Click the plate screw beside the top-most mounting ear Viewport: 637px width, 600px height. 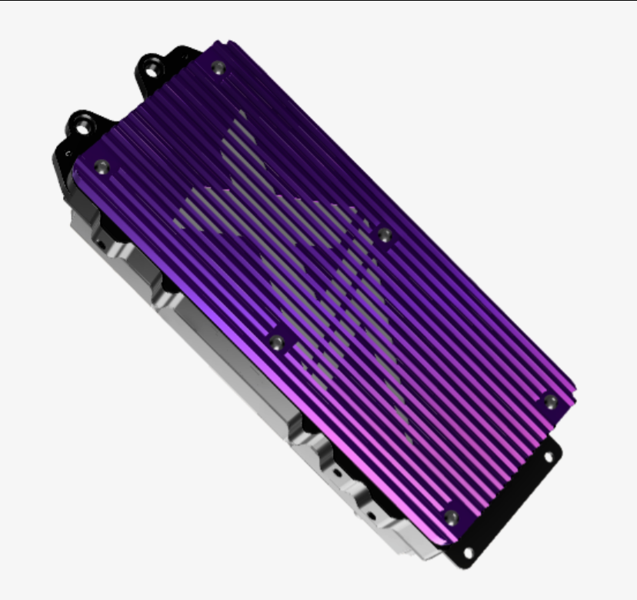pyautogui.click(x=218, y=68)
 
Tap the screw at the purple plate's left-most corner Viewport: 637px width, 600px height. pyautogui.click(x=101, y=166)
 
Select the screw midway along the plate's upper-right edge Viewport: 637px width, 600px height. pyautogui.click(x=384, y=234)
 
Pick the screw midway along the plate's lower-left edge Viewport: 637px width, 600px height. pyautogui.click(x=277, y=341)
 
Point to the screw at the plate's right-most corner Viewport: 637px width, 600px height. pyautogui.click(x=549, y=402)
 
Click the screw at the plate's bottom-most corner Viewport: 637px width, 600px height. pyautogui.click(x=452, y=517)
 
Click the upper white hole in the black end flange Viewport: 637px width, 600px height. pyautogui.click(x=549, y=456)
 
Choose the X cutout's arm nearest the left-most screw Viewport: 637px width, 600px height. pyautogui.click(x=192, y=215)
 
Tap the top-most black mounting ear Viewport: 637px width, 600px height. pyautogui.click(x=158, y=66)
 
